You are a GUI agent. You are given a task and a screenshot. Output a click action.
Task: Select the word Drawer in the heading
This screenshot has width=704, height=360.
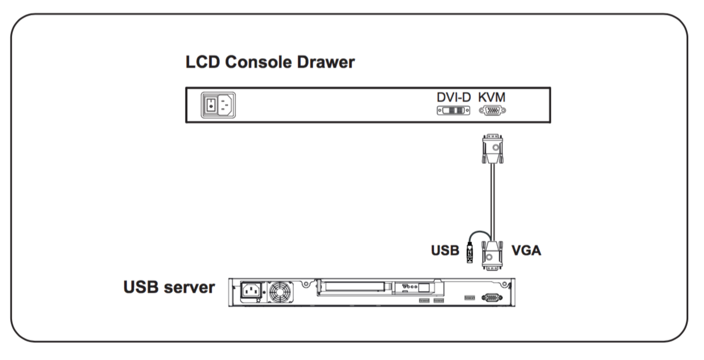tap(326, 62)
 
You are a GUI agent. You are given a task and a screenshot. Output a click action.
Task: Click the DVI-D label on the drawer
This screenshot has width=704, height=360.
tap(454, 97)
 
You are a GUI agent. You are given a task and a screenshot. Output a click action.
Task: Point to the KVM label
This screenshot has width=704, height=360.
tap(492, 97)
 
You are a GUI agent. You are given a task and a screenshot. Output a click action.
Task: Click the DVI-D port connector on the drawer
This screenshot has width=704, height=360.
tap(454, 111)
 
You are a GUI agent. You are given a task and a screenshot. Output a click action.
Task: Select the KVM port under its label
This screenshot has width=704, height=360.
tap(492, 111)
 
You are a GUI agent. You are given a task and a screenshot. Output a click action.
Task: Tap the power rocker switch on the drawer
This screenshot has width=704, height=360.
tap(211, 106)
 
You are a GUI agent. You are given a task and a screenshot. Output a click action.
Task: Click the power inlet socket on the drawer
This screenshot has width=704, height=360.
tap(225, 106)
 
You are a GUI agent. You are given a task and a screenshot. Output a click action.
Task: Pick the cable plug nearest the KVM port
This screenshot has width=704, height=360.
tap(492, 149)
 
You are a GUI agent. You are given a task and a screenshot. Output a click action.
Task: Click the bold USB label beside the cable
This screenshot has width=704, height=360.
tap(445, 251)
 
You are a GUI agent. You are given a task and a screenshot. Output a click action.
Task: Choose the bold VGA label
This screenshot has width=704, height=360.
tap(526, 251)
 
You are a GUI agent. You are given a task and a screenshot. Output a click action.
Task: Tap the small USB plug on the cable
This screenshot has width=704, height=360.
tap(470, 253)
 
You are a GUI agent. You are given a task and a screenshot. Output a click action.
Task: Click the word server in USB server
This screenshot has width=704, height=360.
tap(189, 287)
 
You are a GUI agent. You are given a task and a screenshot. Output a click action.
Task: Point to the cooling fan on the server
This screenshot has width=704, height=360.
tap(280, 292)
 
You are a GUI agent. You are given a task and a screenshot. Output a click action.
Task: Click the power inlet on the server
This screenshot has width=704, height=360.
tap(252, 291)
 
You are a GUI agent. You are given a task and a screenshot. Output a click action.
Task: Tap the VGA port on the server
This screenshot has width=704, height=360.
tap(492, 297)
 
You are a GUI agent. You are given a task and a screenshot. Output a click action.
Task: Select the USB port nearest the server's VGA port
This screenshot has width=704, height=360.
tap(470, 297)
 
